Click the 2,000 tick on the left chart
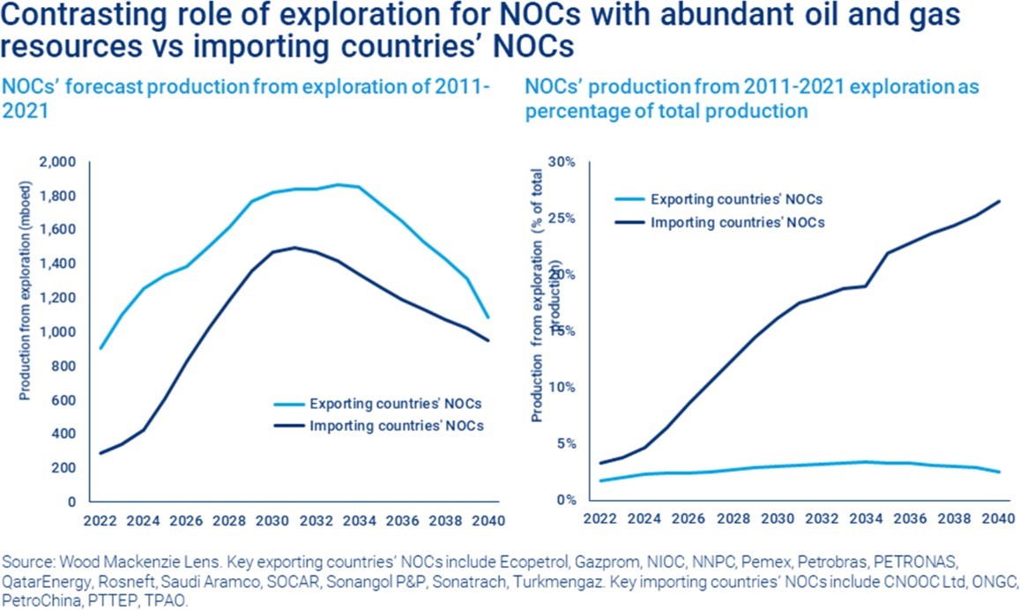pos(58,162)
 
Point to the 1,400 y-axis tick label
pos(58,264)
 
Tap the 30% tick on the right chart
pos(562,162)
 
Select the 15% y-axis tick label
pos(562,331)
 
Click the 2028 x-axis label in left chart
pos(229,521)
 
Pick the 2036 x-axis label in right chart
pos(910,518)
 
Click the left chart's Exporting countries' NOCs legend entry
pos(378,404)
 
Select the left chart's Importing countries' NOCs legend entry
pos(378,426)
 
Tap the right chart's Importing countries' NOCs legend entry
pos(720,222)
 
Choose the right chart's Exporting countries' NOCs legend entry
pos(718,199)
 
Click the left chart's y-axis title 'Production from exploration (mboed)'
pos(25,290)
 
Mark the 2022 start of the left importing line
pos(101,453)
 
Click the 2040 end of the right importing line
pos(999,202)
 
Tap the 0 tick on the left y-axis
pos(71,502)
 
